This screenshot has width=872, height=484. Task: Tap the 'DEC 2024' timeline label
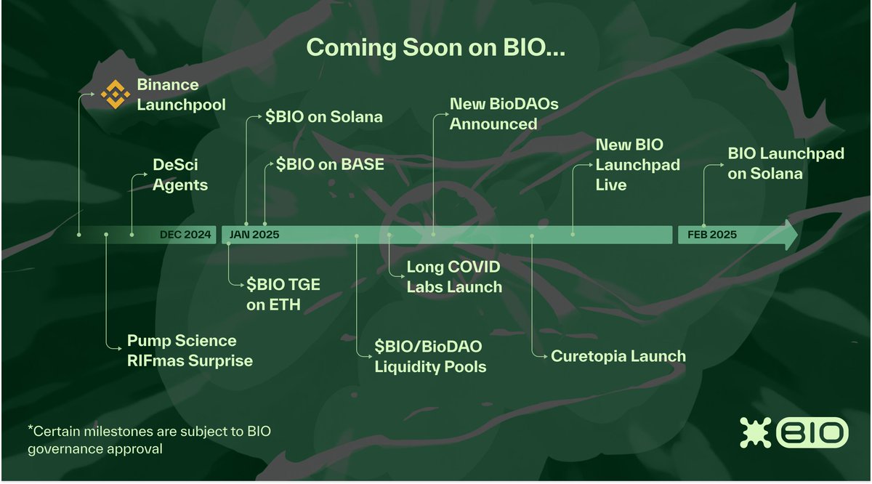[x=185, y=235]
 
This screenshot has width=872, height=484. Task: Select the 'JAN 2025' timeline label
[x=254, y=235]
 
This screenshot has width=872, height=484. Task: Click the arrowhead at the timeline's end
[x=789, y=235]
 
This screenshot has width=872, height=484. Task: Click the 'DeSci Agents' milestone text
[x=180, y=174]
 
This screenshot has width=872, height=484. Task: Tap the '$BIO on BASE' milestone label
[x=330, y=164]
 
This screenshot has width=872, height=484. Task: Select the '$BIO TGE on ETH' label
[x=283, y=294]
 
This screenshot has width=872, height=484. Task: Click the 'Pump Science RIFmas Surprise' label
[x=190, y=350]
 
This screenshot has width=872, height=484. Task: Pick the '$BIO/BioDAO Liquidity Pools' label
[x=430, y=356]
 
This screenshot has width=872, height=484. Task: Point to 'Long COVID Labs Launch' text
[x=453, y=277]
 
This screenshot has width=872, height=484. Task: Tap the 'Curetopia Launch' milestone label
[x=618, y=356]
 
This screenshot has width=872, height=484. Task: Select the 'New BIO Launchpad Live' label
[x=637, y=165]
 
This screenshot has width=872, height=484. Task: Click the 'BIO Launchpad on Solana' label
[x=775, y=164]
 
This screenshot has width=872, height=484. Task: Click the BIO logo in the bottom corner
[x=794, y=433]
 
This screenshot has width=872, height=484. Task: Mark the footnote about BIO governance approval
[x=149, y=440]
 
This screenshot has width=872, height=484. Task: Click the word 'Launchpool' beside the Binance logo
[x=181, y=105]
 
